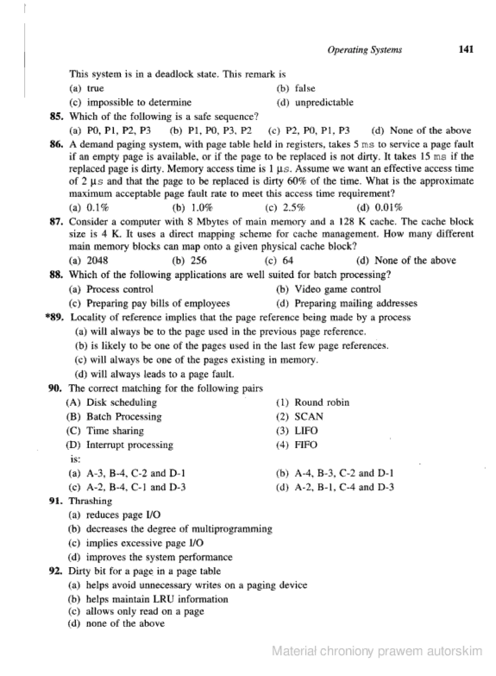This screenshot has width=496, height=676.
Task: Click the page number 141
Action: pyautogui.click(x=466, y=49)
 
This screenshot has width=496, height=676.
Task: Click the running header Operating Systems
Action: pyautogui.click(x=364, y=50)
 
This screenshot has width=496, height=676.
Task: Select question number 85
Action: pyautogui.click(x=56, y=117)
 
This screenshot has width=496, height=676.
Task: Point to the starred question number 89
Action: pyautogui.click(x=55, y=317)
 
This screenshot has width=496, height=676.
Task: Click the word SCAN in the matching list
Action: pyautogui.click(x=309, y=416)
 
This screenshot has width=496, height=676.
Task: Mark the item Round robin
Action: pyautogui.click(x=322, y=402)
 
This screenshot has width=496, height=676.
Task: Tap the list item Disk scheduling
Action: pyautogui.click(x=122, y=402)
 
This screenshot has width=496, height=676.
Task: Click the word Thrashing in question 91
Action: pyautogui.click(x=90, y=501)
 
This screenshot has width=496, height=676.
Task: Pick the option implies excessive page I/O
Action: pyautogui.click(x=145, y=543)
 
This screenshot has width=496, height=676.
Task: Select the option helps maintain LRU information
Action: pyautogui.click(x=157, y=599)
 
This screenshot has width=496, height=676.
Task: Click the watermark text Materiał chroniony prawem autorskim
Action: pyautogui.click(x=377, y=651)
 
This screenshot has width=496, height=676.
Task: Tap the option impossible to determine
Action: pyautogui.click(x=139, y=103)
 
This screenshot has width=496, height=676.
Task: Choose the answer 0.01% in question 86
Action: pyautogui.click(x=388, y=208)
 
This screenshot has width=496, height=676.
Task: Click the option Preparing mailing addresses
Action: pyautogui.click(x=356, y=303)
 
